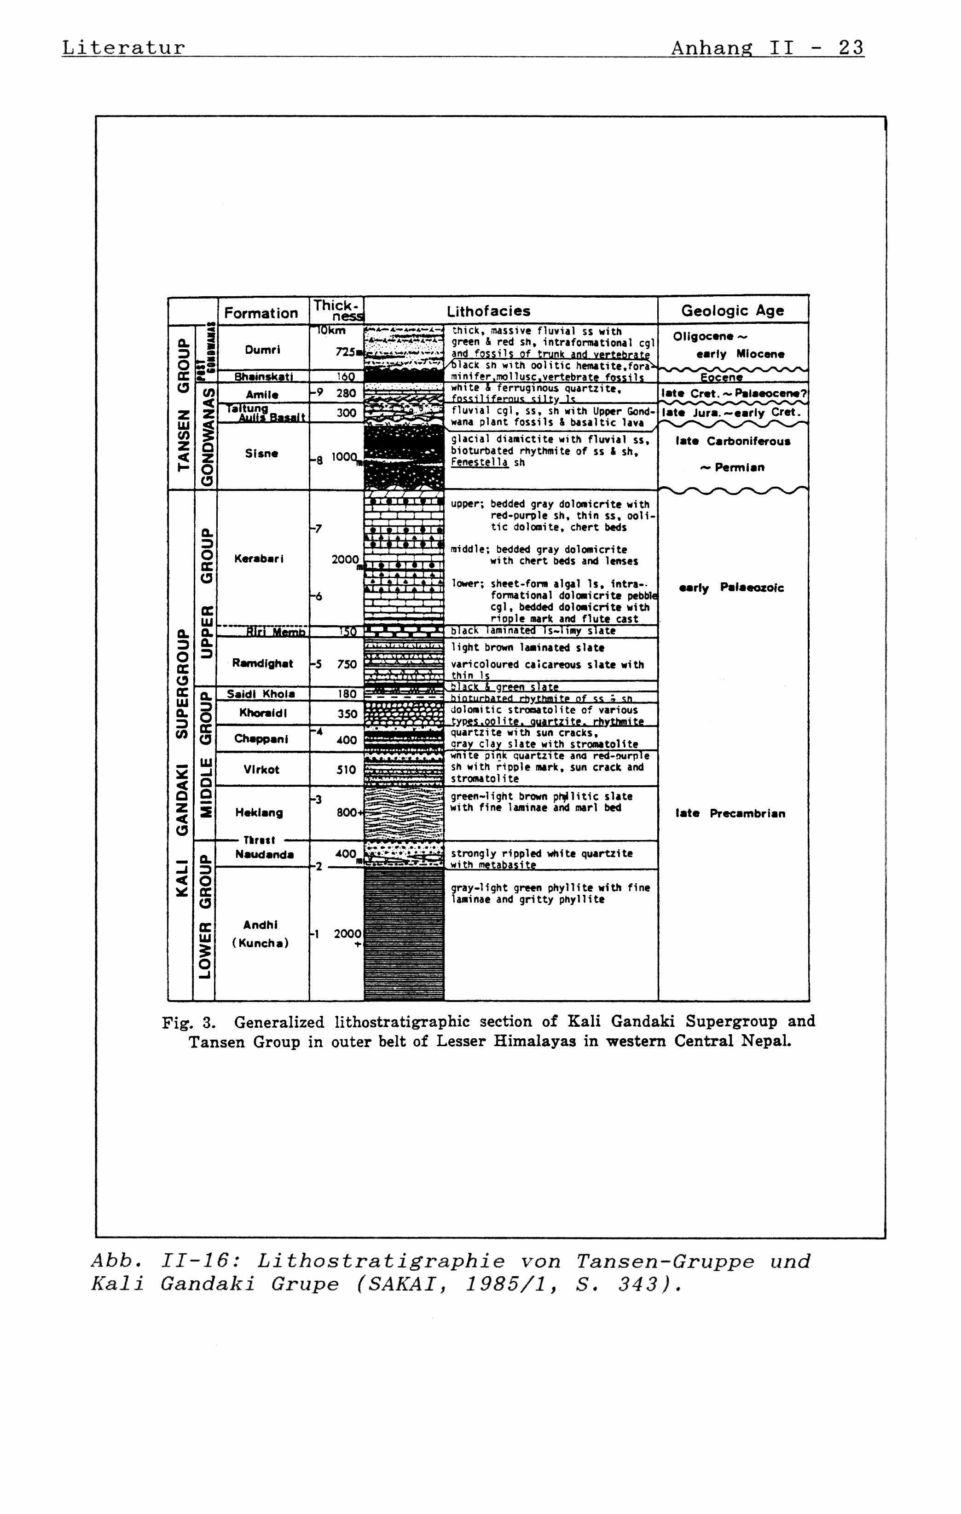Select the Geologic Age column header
click(x=733, y=311)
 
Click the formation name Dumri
click(x=263, y=350)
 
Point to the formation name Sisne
click(x=261, y=453)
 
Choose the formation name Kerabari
click(x=259, y=558)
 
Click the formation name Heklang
click(x=259, y=812)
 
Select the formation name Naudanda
click(x=264, y=854)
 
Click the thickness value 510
click(x=347, y=770)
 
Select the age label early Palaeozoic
click(x=731, y=588)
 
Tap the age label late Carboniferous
click(x=733, y=441)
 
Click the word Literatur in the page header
click(x=123, y=48)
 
